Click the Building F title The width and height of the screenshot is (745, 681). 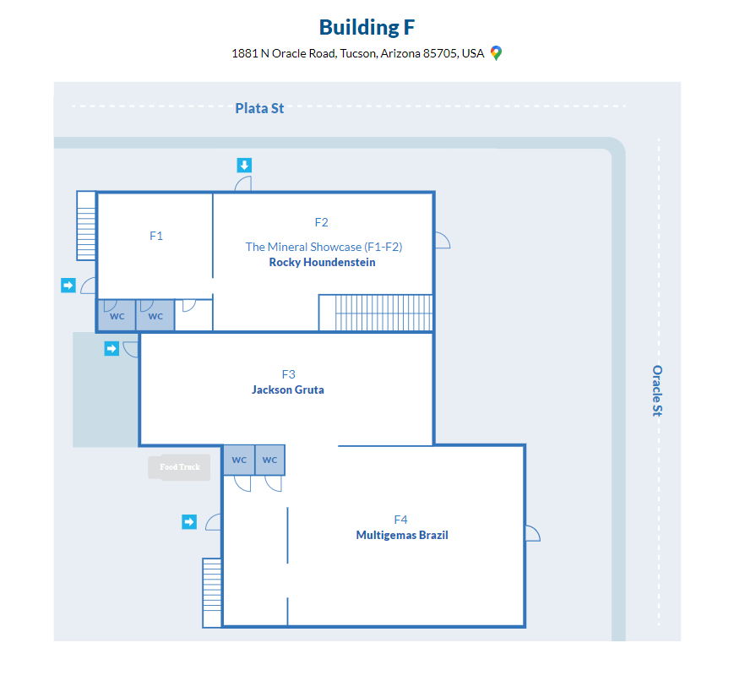(x=367, y=27)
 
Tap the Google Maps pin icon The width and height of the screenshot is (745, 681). (x=496, y=53)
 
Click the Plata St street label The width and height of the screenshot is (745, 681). (x=259, y=108)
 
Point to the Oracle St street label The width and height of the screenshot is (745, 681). (x=657, y=390)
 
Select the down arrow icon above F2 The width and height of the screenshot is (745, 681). (x=244, y=166)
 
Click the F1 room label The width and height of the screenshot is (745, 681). (x=156, y=236)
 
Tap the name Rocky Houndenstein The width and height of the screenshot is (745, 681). (x=322, y=262)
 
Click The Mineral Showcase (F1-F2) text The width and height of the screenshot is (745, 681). (x=324, y=247)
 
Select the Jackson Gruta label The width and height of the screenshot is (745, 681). (x=288, y=390)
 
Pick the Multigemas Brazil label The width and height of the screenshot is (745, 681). (x=402, y=535)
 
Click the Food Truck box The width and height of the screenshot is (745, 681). (x=179, y=467)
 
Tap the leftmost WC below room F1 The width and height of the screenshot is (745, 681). (x=117, y=315)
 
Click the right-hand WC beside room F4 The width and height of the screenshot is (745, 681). (x=270, y=460)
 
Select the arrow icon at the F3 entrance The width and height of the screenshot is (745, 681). (x=111, y=349)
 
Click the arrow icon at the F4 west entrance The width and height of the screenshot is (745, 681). (x=189, y=522)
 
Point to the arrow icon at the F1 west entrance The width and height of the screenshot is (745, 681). (x=68, y=285)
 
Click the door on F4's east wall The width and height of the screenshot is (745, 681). (x=533, y=533)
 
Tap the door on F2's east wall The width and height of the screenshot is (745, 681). (x=443, y=240)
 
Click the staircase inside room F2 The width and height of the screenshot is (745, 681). (x=375, y=313)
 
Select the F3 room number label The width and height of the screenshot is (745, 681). (x=288, y=374)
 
